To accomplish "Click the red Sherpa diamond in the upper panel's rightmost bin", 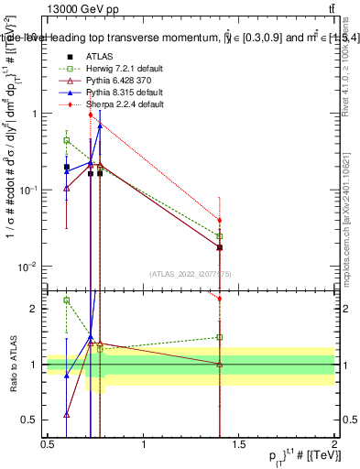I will point(220,220).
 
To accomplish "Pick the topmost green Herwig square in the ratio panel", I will point(66,300).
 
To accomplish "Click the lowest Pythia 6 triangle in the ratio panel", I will point(66,414).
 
